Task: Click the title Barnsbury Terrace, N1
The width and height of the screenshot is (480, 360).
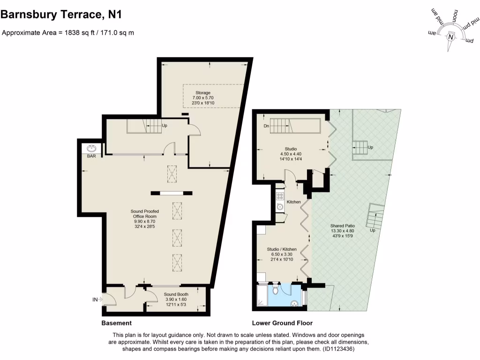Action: pyautogui.click(x=61, y=15)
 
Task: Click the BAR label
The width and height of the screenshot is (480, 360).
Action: pyautogui.click(x=91, y=156)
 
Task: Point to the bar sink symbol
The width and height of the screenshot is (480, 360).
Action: pyautogui.click(x=91, y=148)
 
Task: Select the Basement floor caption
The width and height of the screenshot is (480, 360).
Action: pyautogui.click(x=116, y=323)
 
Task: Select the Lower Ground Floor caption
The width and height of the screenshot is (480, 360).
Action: pyautogui.click(x=282, y=323)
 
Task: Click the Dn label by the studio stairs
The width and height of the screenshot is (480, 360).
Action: pyautogui.click(x=266, y=126)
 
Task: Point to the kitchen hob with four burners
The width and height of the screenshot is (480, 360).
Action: pyautogui.click(x=280, y=196)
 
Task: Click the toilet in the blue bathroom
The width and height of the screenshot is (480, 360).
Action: pyautogui.click(x=275, y=290)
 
